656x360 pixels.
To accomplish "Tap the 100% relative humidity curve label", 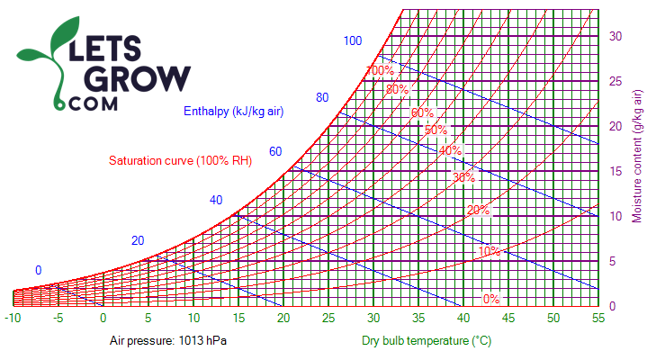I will (380, 70).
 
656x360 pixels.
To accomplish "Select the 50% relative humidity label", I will (436, 130).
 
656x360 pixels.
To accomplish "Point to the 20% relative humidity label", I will (478, 210).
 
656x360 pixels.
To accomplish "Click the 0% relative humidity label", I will (491, 299).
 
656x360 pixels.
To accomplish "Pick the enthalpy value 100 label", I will (352, 40).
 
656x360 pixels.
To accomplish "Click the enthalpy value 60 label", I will (275, 151).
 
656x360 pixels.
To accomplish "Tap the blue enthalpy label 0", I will (39, 270).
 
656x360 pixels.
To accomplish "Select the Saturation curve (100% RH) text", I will (180, 161).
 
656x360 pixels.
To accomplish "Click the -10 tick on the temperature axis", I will (13, 318).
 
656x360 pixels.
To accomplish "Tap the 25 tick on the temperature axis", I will (328, 318).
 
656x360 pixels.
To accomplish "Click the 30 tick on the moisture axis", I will (616, 36).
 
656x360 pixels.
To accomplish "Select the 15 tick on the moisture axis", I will (616, 171).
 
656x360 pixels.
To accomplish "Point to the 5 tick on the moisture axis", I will (612, 261).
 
